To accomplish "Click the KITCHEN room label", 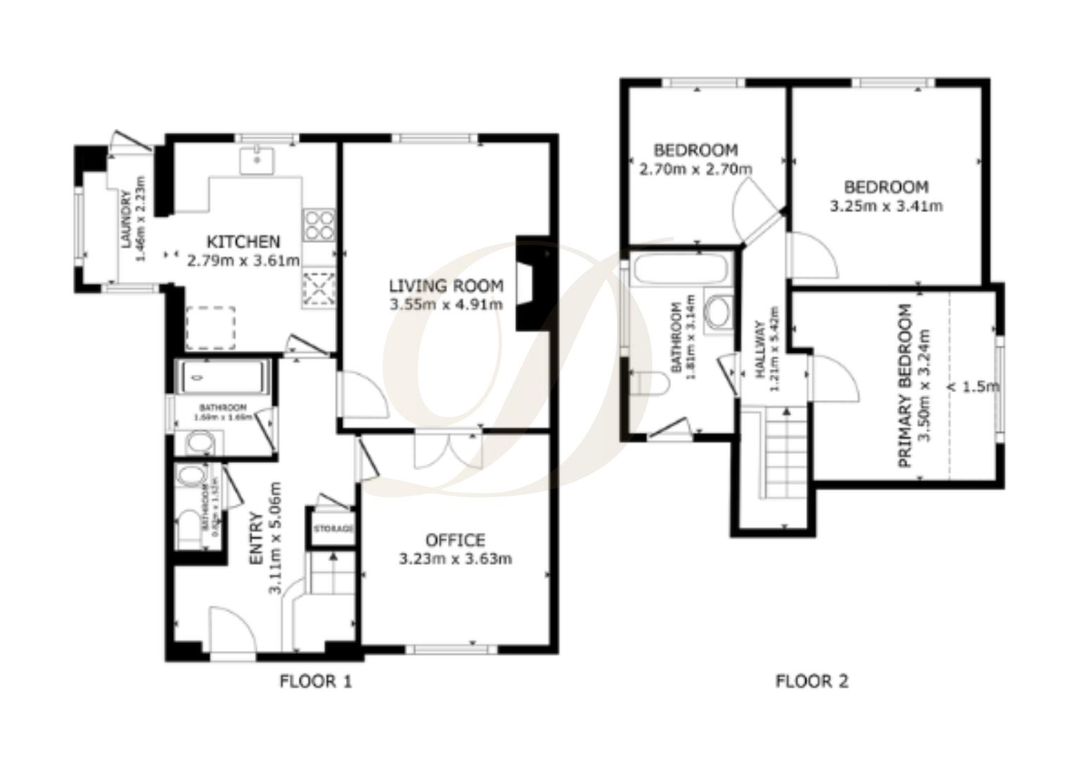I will (x=243, y=242).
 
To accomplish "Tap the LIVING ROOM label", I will (x=446, y=286).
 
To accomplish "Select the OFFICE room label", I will (x=455, y=540).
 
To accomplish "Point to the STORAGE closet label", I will (x=333, y=528).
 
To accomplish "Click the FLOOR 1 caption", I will (x=316, y=681).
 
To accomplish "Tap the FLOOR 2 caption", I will (x=811, y=681).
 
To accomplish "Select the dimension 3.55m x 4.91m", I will (x=446, y=304).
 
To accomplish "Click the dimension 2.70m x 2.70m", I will (x=695, y=169).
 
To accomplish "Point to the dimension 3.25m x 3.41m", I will (x=886, y=207).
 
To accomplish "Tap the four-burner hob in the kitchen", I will (x=319, y=225).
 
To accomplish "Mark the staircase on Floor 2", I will (x=782, y=453).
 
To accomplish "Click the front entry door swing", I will (x=232, y=632).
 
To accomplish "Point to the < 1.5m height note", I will (x=973, y=387).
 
